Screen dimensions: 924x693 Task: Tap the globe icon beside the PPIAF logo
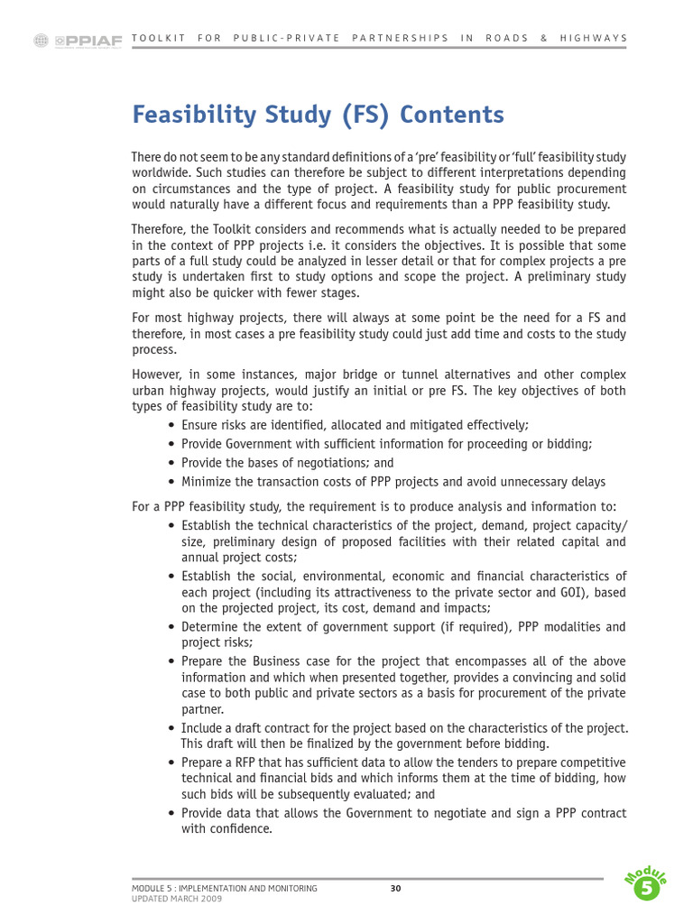tap(41, 40)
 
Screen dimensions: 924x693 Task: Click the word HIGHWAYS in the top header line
tap(593, 38)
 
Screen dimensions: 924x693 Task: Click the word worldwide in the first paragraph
tap(159, 173)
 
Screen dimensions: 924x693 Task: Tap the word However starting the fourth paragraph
tap(157, 374)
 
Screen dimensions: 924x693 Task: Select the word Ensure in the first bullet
tap(199, 424)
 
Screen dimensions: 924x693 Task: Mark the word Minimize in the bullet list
tap(206, 481)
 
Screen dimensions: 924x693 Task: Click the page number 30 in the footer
tap(395, 889)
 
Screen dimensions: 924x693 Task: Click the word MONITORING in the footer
tap(286, 889)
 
